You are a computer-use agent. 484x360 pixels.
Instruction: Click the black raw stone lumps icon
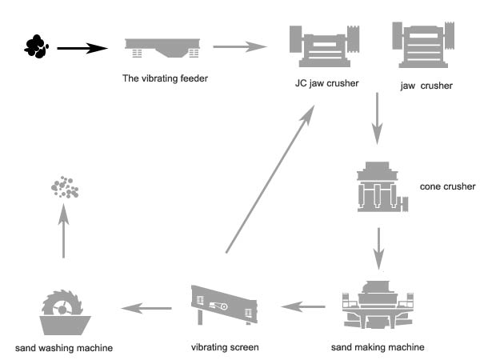[37, 46]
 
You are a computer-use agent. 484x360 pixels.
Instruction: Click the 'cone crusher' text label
[447, 187]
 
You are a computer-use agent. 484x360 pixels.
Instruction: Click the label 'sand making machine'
[377, 347]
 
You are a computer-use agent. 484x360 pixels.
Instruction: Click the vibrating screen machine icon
[223, 306]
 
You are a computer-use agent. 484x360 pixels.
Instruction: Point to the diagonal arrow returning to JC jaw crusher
[267, 183]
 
